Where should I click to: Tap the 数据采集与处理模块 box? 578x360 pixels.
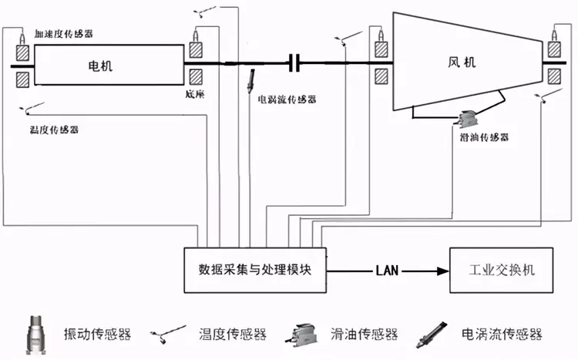[x=254, y=270]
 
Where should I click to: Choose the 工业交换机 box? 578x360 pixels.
[x=501, y=271]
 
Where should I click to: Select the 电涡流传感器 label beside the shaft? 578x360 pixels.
[x=287, y=99]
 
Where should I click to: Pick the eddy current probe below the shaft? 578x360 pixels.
[x=251, y=80]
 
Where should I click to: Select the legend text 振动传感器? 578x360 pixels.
[x=100, y=335]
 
